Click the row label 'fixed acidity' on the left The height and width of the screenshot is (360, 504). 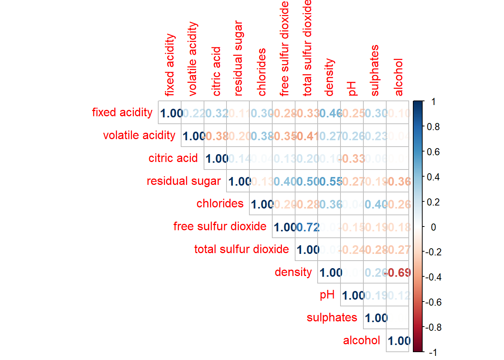coord(122,112)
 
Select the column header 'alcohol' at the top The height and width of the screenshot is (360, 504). coord(398,77)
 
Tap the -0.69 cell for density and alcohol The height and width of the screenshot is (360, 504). coord(397,273)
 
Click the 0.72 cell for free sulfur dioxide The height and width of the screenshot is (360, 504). coord(307,227)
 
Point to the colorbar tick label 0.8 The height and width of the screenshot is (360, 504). coord(433,127)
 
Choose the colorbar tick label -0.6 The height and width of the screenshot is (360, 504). coord(433,302)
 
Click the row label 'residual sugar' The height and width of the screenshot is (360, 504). coord(184,181)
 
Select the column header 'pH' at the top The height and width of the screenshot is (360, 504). coord(352,89)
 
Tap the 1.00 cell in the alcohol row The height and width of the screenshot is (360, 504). coord(397,341)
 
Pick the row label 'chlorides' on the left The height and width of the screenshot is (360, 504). coord(220,204)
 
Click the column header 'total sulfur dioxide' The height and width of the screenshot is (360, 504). coord(307,48)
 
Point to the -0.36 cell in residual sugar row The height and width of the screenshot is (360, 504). coord(397,181)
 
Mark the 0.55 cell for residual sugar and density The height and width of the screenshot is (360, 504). coord(329,181)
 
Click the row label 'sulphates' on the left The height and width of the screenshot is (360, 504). coord(332,318)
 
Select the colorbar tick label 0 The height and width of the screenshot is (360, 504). coord(433,227)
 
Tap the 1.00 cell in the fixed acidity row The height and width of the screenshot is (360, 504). coord(170,113)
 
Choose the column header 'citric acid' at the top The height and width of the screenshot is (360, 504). coord(216,71)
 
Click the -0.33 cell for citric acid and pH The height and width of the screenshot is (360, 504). coord(352,159)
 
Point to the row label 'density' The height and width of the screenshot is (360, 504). coord(293,272)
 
